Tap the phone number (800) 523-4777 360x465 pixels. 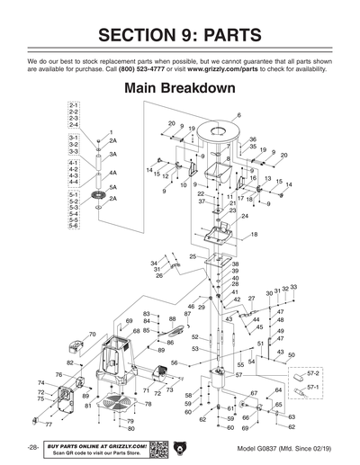click(148, 68)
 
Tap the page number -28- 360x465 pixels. click(32, 447)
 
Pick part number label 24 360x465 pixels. click(245, 216)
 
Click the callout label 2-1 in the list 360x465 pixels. click(74, 105)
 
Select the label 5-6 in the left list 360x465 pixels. click(74, 225)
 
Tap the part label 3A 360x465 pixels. click(113, 155)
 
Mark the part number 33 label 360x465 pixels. click(293, 287)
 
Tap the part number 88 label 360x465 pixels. click(172, 318)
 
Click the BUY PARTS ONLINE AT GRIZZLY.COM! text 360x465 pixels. click(96, 444)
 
